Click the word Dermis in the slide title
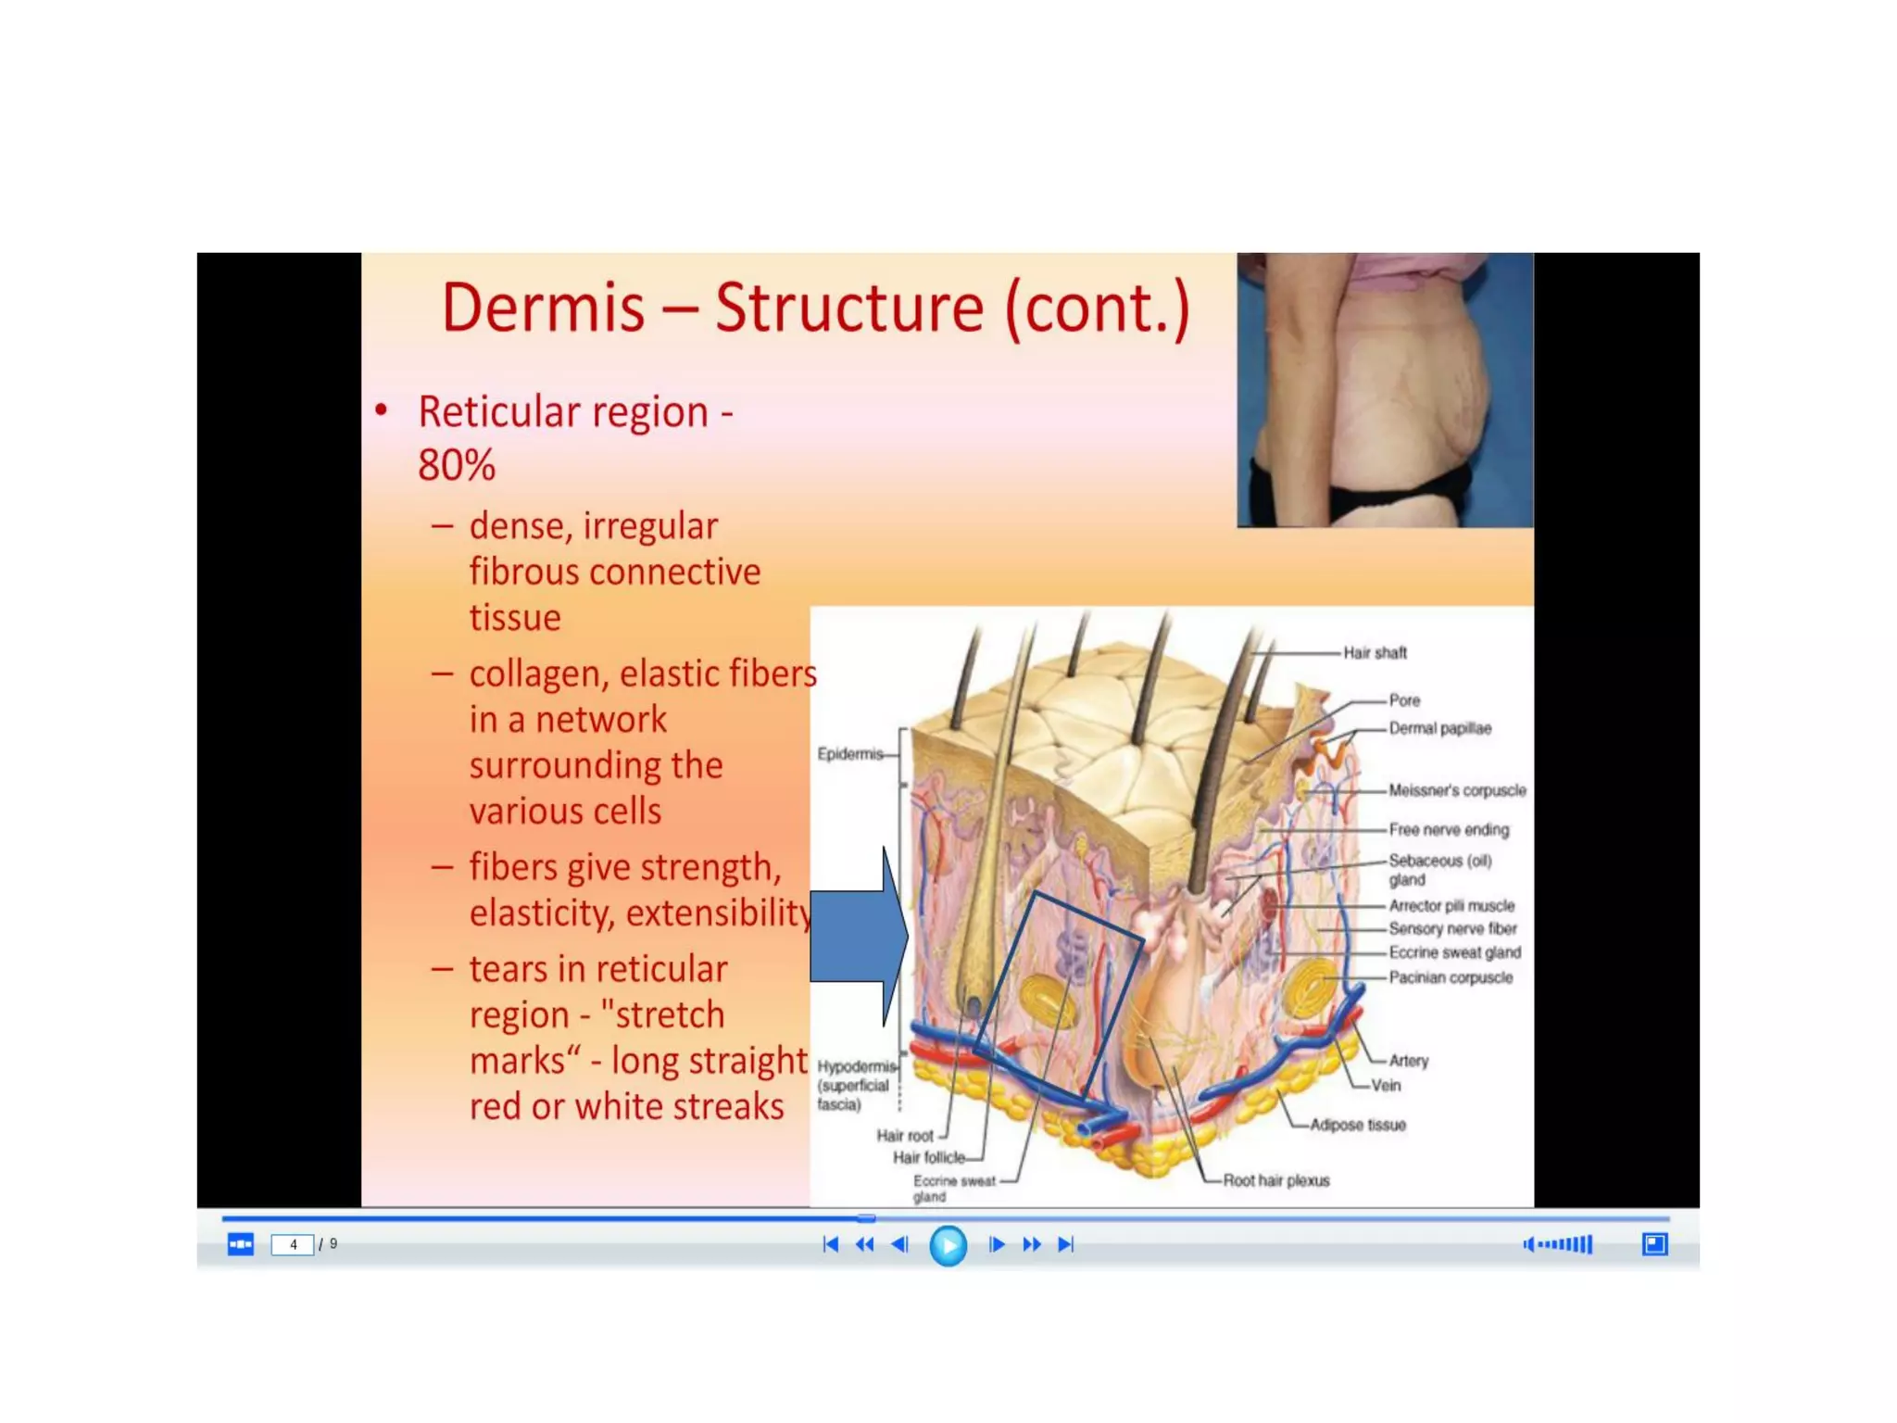[x=543, y=309]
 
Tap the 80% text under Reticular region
[x=456, y=465]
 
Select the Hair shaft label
[x=1375, y=653]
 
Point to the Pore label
[x=1404, y=700]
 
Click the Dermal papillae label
[x=1439, y=728]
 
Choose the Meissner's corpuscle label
[x=1457, y=790]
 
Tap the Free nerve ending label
[x=1449, y=830]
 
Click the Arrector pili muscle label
[x=1451, y=905]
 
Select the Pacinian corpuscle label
[x=1451, y=977]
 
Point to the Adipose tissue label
[x=1358, y=1125]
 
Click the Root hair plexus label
[x=1275, y=1180]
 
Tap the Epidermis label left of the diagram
[x=849, y=754]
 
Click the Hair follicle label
[x=928, y=1157]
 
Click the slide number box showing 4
[x=293, y=1244]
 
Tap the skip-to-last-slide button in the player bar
[x=1066, y=1244]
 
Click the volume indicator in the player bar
[x=1558, y=1244]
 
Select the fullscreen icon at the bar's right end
[x=1654, y=1244]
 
